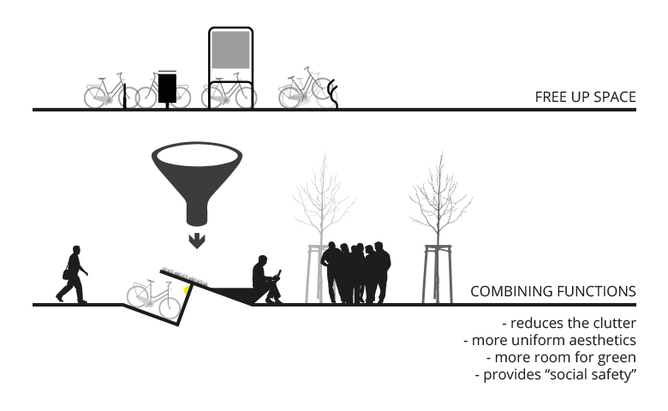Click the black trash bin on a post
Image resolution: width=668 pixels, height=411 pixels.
167,88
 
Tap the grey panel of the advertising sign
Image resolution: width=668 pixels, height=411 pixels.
230,50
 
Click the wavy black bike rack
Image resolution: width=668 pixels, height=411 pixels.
333,93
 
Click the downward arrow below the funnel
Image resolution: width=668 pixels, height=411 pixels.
197,241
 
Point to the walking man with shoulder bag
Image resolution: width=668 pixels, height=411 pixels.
72,274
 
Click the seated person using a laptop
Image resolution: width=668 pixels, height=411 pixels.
266,279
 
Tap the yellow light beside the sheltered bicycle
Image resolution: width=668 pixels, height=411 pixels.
187,290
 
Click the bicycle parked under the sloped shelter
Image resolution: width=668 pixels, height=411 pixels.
154,299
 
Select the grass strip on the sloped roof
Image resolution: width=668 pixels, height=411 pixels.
185,277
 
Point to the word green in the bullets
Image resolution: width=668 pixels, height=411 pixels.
617,358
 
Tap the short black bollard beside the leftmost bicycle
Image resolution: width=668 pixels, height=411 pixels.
125,96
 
